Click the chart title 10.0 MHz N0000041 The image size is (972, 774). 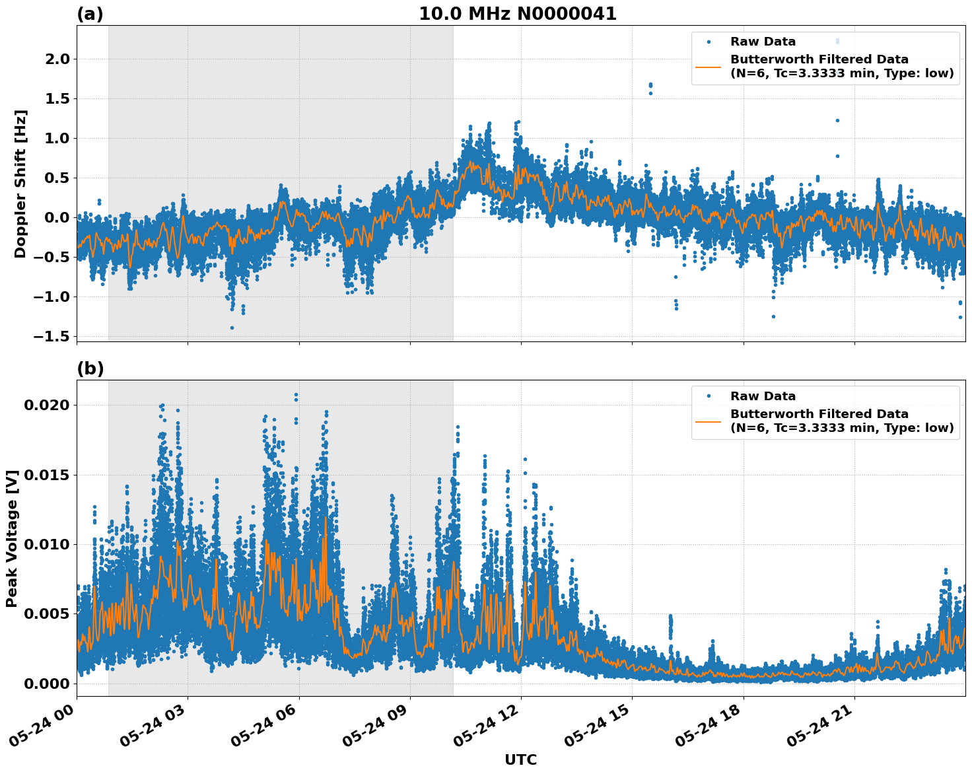[517, 14]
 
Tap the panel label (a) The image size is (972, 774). [90, 14]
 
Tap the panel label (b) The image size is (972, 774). [90, 369]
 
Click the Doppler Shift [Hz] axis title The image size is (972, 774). [20, 184]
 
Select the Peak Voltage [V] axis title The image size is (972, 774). [12, 538]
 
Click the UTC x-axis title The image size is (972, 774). [520, 759]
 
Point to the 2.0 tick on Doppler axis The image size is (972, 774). [55, 59]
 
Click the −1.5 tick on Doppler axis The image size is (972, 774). [50, 336]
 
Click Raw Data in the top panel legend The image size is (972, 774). [763, 42]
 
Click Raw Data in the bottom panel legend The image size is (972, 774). [763, 396]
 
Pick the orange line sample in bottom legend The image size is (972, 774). [709, 421]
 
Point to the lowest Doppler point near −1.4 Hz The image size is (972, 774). [232, 328]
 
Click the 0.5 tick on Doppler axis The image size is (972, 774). [55, 178]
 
